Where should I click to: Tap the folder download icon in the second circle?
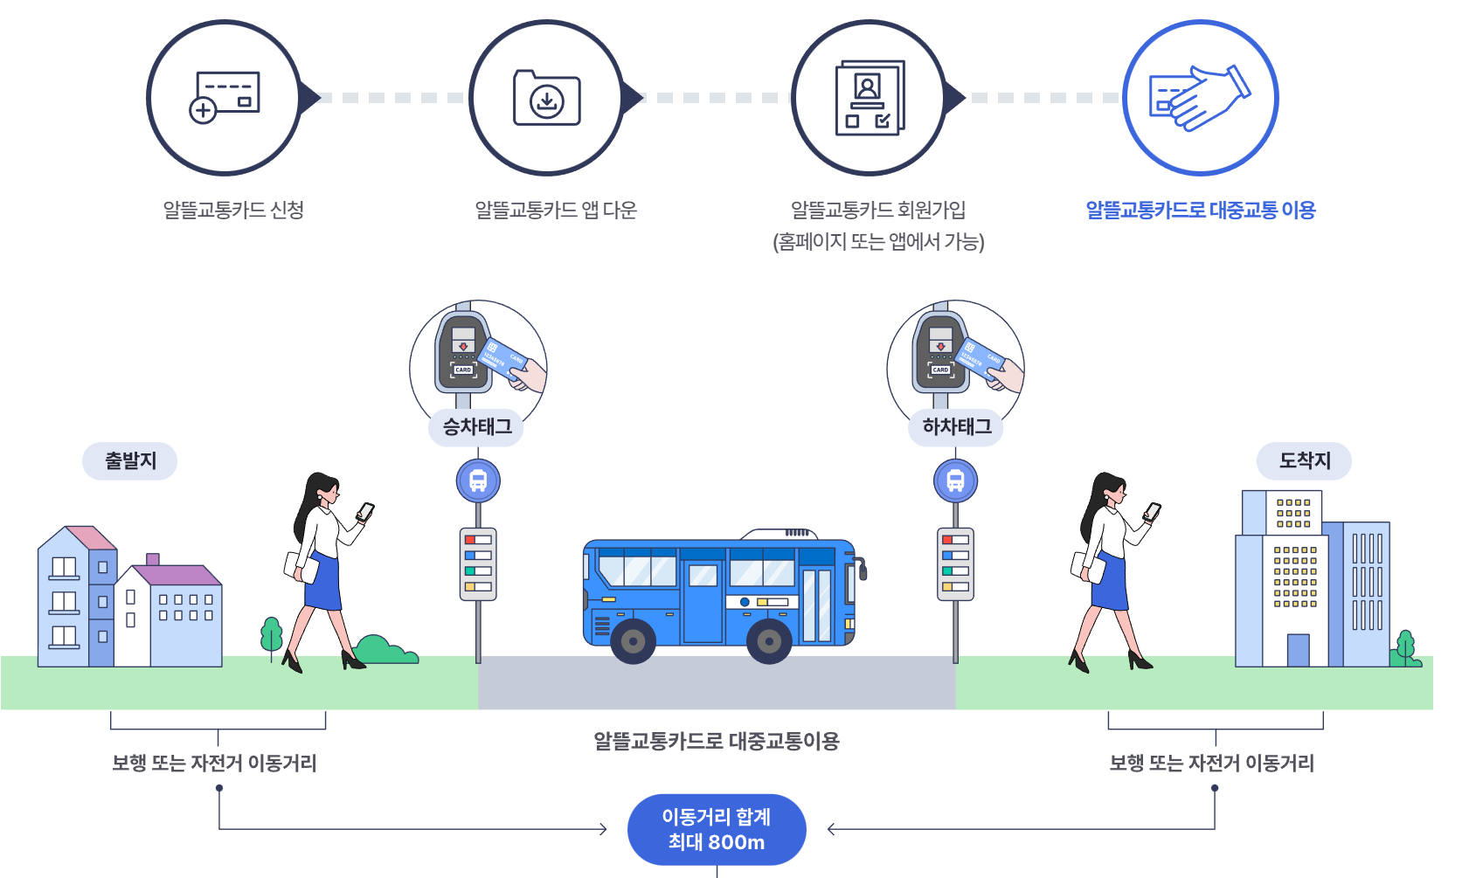pos(547,98)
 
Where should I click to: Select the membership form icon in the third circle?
pos(870,97)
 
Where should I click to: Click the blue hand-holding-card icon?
pos(1200,97)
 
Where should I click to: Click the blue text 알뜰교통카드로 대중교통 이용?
pos(1200,211)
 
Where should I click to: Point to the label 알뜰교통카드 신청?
pos(233,211)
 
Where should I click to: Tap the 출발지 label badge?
pos(130,460)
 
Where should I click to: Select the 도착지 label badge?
pos(1304,460)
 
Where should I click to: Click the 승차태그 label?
pos(477,426)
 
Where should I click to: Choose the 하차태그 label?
pos(956,426)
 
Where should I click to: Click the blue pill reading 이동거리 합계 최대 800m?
pos(717,829)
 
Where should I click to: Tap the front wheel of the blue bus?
pos(634,642)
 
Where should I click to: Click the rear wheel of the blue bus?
pos(769,642)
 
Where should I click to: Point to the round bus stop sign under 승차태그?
pos(478,480)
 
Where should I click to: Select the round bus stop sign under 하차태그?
pos(955,480)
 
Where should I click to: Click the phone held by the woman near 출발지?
pos(366,511)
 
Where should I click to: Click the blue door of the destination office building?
pos(1299,650)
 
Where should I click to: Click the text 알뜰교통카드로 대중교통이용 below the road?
pos(717,741)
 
